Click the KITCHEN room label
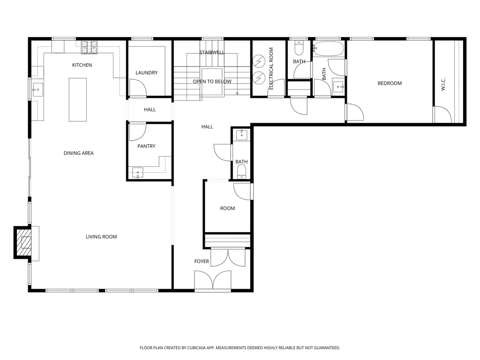82,65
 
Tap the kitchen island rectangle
78,99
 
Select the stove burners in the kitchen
90,46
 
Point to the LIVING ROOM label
101,237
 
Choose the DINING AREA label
79,153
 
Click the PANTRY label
146,146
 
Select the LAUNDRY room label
146,73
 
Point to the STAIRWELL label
212,52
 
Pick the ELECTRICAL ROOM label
271,68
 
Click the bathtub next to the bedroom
329,47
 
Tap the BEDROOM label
390,83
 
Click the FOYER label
202,261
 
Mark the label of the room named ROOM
227,208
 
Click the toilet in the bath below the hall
241,172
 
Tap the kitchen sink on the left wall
37,88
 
